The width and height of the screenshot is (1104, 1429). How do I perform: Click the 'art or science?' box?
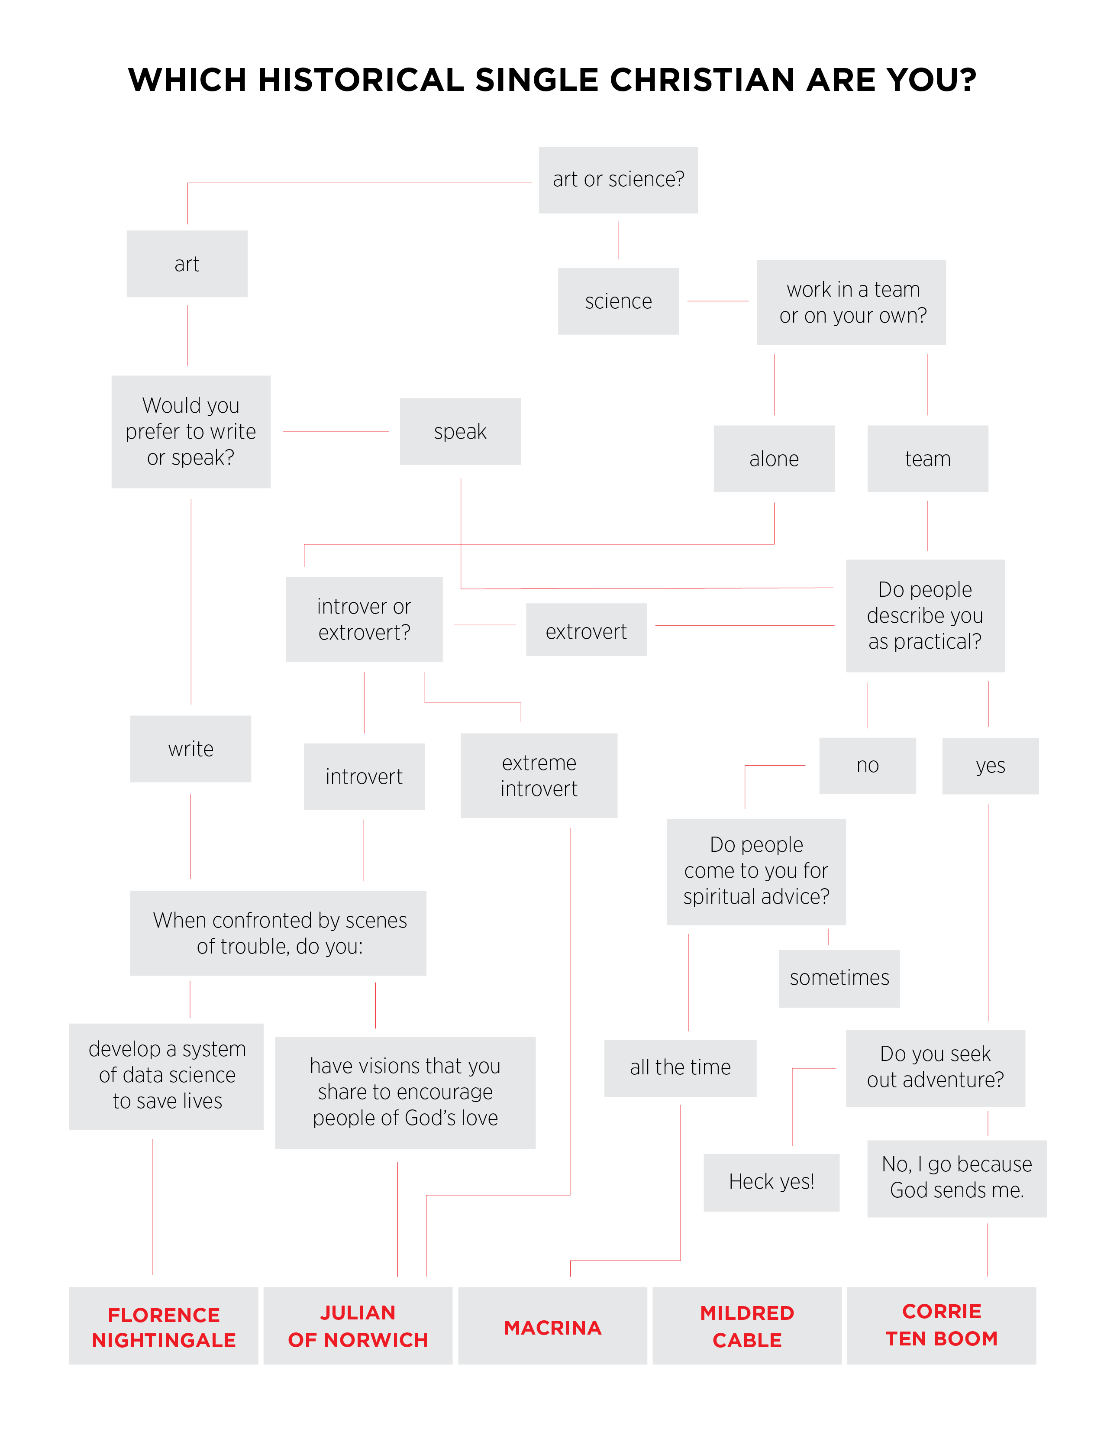(x=618, y=180)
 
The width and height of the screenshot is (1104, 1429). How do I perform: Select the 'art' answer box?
(x=187, y=264)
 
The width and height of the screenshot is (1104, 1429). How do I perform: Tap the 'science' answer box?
(x=618, y=301)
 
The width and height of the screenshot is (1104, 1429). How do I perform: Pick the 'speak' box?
(x=461, y=431)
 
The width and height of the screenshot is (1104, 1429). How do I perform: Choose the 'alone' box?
(x=774, y=459)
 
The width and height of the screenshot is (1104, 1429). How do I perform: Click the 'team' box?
(x=927, y=459)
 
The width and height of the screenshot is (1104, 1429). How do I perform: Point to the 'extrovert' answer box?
(x=587, y=630)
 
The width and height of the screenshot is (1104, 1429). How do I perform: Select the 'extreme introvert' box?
(x=539, y=776)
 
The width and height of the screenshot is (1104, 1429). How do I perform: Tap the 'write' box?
(x=190, y=749)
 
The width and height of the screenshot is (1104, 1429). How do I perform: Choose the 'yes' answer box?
(x=990, y=766)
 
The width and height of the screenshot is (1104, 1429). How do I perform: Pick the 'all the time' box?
(x=680, y=1068)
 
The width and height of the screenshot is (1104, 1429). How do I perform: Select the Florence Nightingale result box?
(x=164, y=1326)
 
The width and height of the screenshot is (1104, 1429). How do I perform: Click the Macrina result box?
(x=553, y=1326)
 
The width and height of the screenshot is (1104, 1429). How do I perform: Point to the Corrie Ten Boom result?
(x=941, y=1326)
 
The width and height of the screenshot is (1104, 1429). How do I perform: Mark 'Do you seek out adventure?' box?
(x=935, y=1068)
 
